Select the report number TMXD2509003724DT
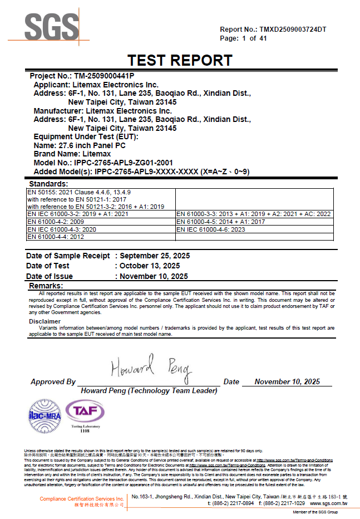tap(293, 30)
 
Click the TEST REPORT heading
tap(180, 60)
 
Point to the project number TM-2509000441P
tap(104, 75)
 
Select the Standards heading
tap(48, 184)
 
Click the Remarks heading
tap(46, 286)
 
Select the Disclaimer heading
tap(45, 321)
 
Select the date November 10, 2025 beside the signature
tap(287, 382)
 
